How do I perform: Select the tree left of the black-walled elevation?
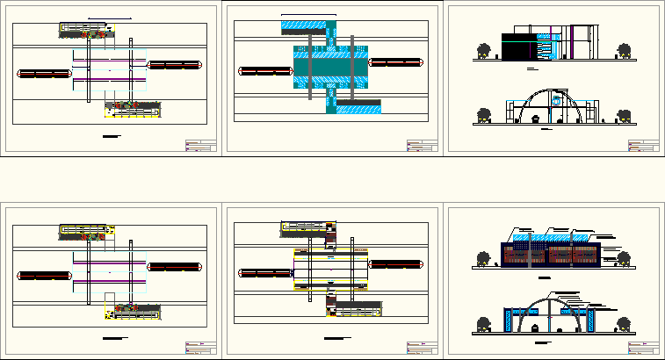click(481, 51)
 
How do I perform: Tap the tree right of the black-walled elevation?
click(625, 52)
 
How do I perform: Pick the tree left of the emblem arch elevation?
click(481, 115)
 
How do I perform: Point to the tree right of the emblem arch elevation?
click(625, 116)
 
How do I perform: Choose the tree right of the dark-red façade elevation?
click(625, 257)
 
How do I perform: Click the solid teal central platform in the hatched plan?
click(331, 68)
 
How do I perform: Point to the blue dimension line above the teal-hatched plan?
click(308, 16)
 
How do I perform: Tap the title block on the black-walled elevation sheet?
click(640, 145)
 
